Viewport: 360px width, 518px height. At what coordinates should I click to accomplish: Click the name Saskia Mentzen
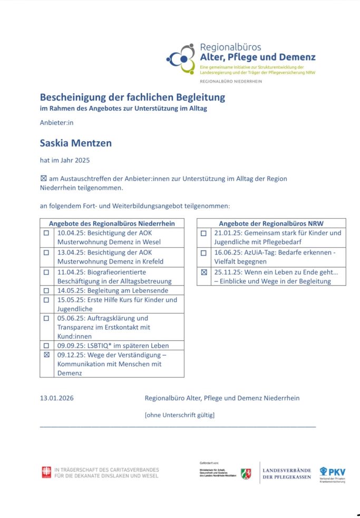(76, 143)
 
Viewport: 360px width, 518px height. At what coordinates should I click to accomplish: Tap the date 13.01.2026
(57, 398)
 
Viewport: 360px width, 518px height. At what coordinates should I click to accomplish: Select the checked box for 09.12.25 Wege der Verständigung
(46, 355)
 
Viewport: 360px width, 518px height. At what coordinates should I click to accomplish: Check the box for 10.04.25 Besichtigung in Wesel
(46, 232)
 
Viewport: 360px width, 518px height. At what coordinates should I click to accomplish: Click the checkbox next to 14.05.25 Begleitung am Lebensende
(46, 290)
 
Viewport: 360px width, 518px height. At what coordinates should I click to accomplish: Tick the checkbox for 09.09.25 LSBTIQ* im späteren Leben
(46, 346)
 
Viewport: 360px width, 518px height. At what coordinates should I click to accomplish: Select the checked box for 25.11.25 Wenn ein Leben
(203, 272)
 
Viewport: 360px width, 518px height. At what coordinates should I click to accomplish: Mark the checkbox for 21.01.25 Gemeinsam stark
(203, 232)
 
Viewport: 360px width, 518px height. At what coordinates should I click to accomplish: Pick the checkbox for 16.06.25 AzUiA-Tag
(203, 253)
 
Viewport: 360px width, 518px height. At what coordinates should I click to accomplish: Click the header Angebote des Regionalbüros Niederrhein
(112, 223)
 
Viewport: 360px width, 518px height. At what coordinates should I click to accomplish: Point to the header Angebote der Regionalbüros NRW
(271, 223)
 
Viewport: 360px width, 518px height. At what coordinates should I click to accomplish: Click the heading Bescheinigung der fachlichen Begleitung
(132, 97)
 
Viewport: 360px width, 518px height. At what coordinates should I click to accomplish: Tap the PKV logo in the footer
(333, 473)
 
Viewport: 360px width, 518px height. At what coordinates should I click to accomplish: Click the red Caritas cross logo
(46, 472)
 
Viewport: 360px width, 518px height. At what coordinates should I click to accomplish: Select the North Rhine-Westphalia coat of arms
(246, 473)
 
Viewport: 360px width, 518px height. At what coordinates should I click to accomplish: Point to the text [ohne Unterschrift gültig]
(180, 415)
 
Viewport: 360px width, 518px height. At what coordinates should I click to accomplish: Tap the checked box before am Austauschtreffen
(43, 179)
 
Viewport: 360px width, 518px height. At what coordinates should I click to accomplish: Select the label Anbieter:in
(56, 122)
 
